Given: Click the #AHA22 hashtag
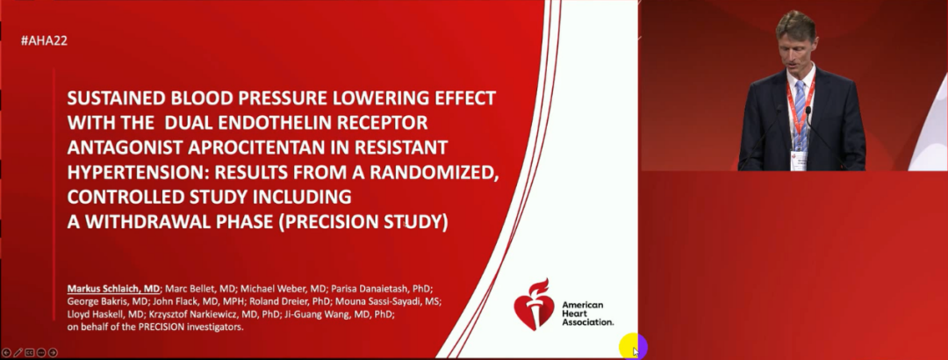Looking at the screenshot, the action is click(x=44, y=40).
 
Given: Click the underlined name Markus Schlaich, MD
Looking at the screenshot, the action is click(x=113, y=289).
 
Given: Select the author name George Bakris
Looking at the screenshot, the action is click(x=92, y=301).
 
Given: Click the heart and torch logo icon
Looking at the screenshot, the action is click(x=534, y=305).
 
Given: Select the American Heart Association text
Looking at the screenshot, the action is click(x=587, y=313).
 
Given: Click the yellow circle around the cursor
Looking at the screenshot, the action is click(x=632, y=347).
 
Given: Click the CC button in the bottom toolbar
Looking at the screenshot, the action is click(x=29, y=352).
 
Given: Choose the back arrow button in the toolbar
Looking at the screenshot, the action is click(x=6, y=352).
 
